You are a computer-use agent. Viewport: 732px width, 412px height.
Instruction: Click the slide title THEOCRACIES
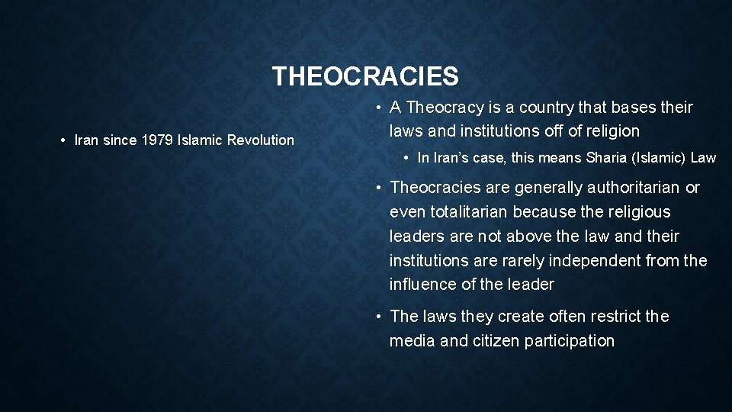pos(365,76)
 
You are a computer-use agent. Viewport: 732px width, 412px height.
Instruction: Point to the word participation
pos(570,340)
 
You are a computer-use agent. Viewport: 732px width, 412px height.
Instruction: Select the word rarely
pos(525,260)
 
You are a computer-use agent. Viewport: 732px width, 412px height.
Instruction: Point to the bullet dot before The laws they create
pos(378,317)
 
